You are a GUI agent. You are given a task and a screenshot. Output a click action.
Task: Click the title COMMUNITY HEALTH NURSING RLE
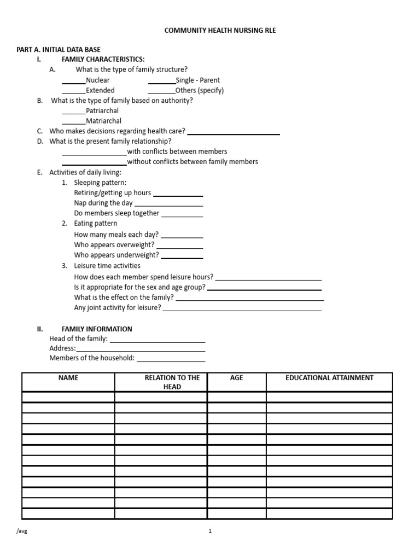[220, 31]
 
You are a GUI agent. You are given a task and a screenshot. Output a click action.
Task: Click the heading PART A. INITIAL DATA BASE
[59, 50]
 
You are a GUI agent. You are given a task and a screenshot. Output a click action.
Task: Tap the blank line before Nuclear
[74, 83]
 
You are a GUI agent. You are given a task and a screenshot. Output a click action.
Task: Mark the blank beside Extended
[74, 92]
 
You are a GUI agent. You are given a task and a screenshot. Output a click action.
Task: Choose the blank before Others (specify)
[161, 92]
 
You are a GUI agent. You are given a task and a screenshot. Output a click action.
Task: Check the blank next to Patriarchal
[74, 113]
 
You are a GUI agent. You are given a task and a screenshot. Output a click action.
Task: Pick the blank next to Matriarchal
[74, 123]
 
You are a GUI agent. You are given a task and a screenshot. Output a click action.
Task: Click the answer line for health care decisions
[234, 133]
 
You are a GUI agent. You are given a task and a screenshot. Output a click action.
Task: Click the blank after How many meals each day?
[182, 237]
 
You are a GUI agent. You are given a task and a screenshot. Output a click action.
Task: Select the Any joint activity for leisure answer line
[242, 310]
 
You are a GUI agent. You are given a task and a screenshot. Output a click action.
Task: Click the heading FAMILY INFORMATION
[97, 329]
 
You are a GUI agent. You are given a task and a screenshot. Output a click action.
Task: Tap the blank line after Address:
[141, 351]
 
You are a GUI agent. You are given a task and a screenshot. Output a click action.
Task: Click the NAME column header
[68, 378]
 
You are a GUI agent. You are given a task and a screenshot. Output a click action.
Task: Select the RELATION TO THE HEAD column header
[172, 382]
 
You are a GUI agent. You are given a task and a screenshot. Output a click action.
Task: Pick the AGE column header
[237, 378]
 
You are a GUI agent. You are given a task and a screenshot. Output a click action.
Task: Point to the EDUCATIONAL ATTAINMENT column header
[329, 378]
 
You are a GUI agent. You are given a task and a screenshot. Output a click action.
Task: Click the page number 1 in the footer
[210, 531]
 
